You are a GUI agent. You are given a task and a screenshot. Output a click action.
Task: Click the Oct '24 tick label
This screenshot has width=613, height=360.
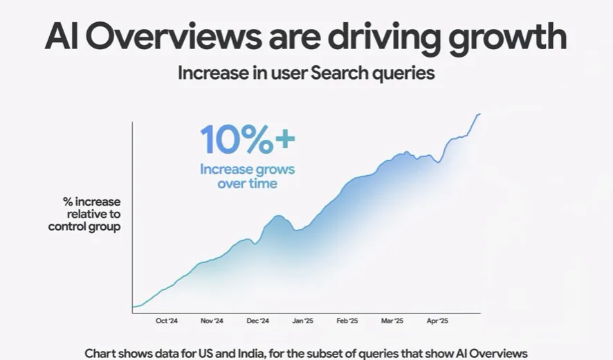tap(167, 321)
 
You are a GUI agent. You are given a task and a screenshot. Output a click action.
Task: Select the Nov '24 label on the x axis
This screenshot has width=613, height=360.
tap(212, 321)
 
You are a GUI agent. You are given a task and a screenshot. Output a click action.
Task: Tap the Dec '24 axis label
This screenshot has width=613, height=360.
tap(257, 321)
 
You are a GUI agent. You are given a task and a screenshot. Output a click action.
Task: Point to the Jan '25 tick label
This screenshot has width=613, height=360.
tap(302, 321)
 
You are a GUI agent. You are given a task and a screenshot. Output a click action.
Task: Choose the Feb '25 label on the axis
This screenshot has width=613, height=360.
tap(347, 321)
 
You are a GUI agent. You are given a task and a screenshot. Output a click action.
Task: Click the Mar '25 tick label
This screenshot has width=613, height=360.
tap(392, 321)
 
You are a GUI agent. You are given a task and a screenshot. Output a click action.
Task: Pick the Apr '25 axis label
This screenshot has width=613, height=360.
tap(437, 321)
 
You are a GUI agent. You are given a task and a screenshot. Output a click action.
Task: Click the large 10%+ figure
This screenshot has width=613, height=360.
tap(248, 139)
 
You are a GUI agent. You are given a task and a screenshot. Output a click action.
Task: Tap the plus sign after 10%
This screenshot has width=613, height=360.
tap(284, 139)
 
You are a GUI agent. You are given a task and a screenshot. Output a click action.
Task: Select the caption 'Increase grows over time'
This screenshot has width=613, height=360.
tap(248, 176)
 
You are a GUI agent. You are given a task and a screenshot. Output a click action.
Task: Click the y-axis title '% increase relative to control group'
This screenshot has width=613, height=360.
tap(84, 214)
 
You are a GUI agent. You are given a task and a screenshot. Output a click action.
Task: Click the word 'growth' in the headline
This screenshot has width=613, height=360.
tap(508, 37)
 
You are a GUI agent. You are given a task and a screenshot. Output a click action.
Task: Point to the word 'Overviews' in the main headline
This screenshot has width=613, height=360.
tap(173, 37)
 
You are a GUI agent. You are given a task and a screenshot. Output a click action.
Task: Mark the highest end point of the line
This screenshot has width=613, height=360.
tap(479, 114)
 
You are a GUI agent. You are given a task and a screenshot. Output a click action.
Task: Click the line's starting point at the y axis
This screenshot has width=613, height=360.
tap(133, 307)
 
